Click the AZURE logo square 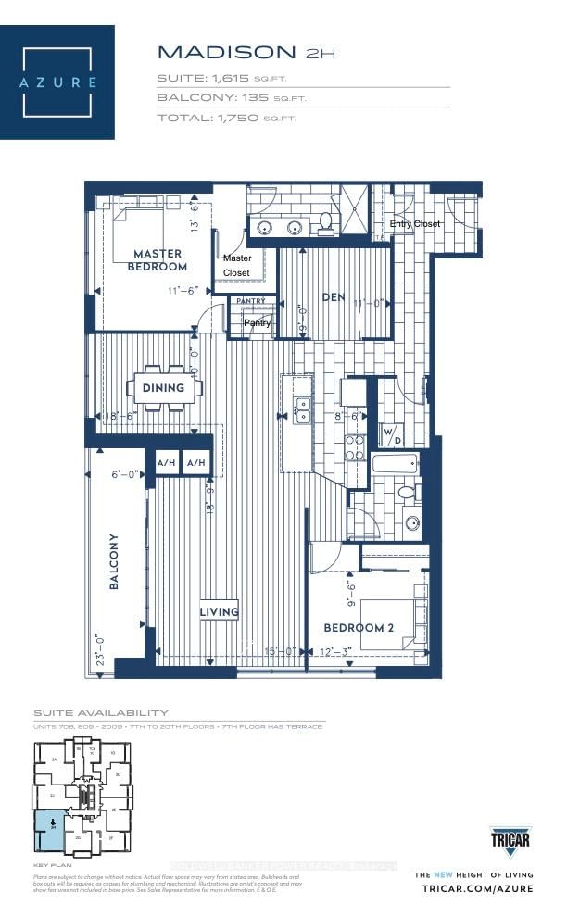pos(57,82)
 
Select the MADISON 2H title pos(245,51)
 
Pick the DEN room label pos(334,297)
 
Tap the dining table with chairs pos(163,388)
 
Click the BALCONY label pos(114,561)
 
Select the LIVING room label pos(220,611)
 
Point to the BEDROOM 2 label pos(359,627)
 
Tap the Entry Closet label pos(414,224)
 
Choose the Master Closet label pos(237,265)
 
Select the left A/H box pos(167,462)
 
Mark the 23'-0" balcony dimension pos(99,644)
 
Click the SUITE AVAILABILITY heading pos(101,712)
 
